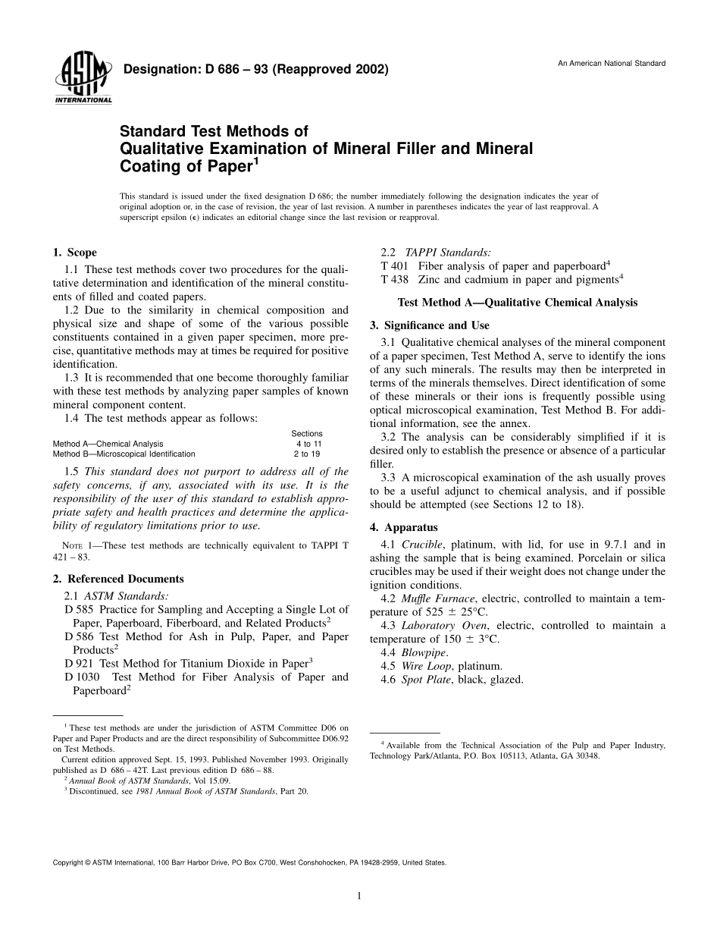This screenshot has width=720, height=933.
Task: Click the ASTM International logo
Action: point(83,80)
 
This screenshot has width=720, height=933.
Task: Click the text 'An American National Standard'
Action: point(612,63)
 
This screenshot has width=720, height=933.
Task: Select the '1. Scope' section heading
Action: point(74,253)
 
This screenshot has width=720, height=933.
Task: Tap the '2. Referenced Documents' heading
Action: point(117,579)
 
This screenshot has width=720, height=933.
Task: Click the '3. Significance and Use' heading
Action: point(429,325)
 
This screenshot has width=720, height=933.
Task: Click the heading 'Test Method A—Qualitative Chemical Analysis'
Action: point(518,302)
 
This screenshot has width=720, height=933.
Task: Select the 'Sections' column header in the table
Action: point(307,434)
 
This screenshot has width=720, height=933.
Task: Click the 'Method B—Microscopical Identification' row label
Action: point(124,454)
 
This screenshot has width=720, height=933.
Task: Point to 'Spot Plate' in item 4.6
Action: point(427,680)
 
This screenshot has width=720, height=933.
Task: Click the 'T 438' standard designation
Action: point(394,279)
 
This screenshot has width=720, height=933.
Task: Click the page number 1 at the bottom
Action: point(359,896)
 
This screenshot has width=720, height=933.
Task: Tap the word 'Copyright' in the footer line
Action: point(68,862)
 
